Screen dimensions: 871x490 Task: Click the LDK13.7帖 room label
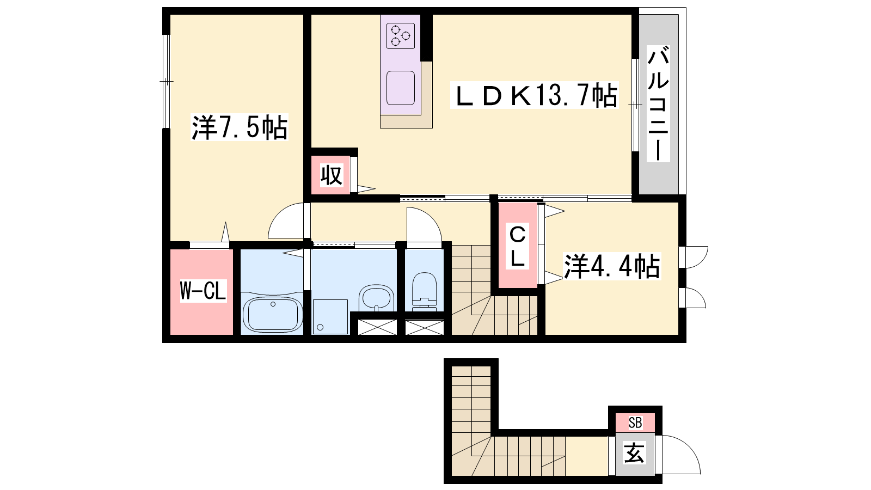(534, 95)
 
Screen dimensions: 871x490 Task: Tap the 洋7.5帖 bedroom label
(240, 127)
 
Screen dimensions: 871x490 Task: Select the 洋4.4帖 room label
(612, 266)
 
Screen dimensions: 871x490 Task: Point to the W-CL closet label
(203, 291)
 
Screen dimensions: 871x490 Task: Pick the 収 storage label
(332, 175)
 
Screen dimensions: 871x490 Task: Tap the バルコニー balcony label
(658, 104)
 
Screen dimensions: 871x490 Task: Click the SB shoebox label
(635, 422)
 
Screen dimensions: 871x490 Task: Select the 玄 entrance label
(635, 452)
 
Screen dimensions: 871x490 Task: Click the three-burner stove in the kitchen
(401, 36)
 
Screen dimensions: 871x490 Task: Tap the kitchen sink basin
(401, 88)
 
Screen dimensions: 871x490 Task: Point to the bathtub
(273, 314)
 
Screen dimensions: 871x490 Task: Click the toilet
(424, 292)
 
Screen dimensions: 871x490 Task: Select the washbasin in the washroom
(376, 298)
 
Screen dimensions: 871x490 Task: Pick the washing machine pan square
(330, 316)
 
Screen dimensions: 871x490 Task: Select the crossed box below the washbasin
(377, 327)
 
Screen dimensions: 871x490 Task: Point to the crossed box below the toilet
(424, 327)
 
